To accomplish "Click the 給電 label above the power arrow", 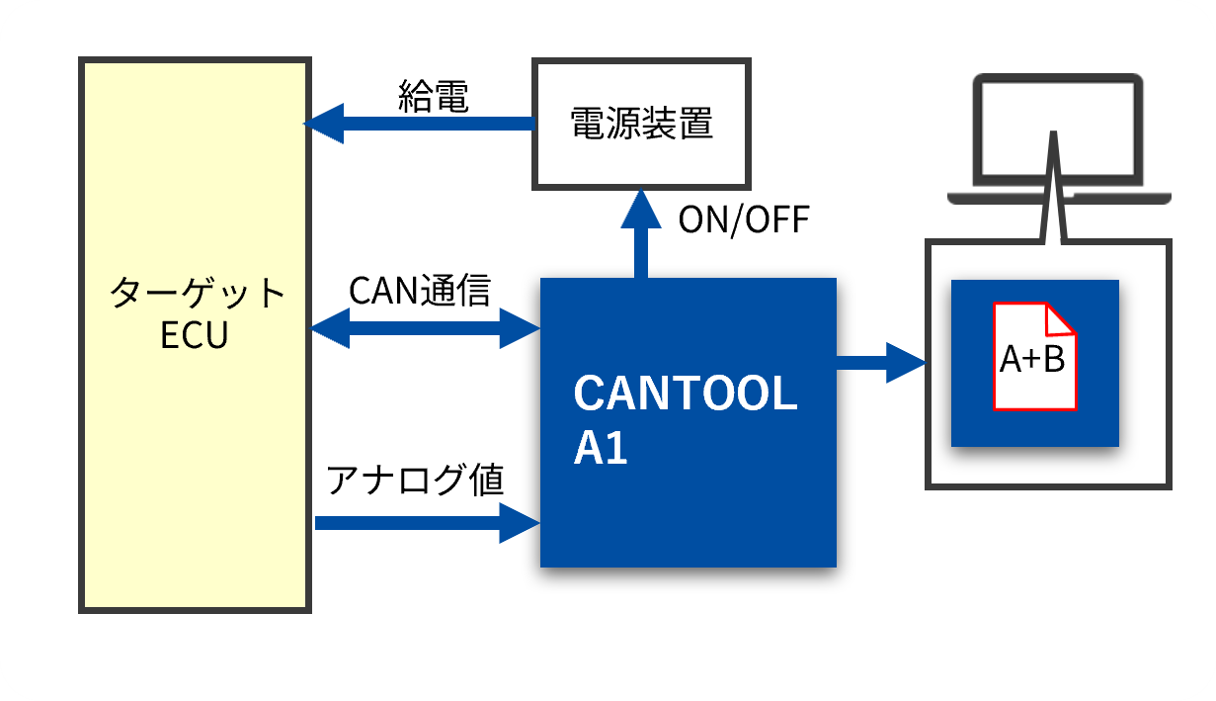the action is tap(434, 97).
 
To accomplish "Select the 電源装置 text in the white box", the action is tap(642, 124).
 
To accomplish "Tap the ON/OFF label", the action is tap(744, 220).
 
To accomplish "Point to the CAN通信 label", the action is tap(420, 290).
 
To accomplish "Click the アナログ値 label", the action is tap(415, 480).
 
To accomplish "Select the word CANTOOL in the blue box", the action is tap(686, 393).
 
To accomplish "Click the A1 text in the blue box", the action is tap(601, 448).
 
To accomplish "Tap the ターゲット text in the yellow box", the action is tap(197, 293).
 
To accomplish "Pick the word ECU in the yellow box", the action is tap(195, 335).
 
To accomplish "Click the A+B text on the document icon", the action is tap(1032, 359).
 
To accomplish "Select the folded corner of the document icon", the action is tap(1059, 319).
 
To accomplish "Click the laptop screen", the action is tap(1058, 130).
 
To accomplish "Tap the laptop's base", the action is tap(1059, 198).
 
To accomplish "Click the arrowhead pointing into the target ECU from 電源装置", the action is tap(324, 124).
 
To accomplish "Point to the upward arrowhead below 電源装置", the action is tap(641, 209).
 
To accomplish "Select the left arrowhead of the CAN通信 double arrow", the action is tap(330, 328).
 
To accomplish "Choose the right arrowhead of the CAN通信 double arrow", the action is tap(520, 328).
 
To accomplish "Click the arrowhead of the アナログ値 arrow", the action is tap(520, 523).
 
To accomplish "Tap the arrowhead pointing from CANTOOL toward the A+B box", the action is tap(906, 363).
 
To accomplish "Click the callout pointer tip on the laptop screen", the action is tap(1053, 132).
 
